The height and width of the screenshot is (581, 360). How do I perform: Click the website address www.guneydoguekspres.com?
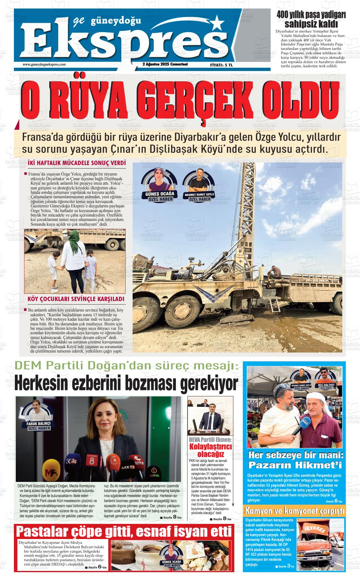(x=44, y=64)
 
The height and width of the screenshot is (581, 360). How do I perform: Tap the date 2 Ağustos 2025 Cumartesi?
(x=165, y=64)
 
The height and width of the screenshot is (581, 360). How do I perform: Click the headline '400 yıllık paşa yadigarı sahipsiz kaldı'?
(x=311, y=19)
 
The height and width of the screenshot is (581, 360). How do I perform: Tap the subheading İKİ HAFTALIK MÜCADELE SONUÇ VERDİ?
(x=77, y=163)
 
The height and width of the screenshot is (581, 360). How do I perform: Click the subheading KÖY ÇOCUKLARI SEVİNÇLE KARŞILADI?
(x=76, y=299)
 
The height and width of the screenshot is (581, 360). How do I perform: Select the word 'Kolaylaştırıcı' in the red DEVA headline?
(x=210, y=447)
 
